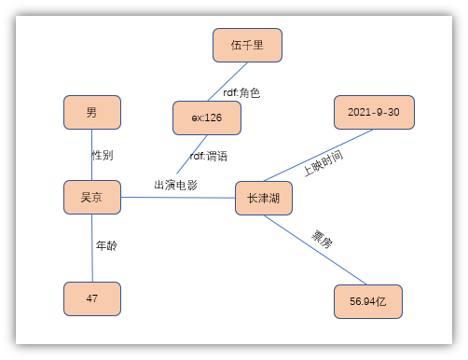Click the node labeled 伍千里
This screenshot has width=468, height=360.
(x=247, y=45)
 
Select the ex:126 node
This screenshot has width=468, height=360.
(x=206, y=118)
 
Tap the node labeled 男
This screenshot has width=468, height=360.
(x=92, y=113)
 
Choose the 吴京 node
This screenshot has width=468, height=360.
(x=92, y=197)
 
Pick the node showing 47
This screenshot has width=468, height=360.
(x=92, y=298)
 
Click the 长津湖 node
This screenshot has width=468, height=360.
(x=264, y=199)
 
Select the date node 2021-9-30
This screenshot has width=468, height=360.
(x=373, y=112)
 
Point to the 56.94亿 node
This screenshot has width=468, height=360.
(x=367, y=302)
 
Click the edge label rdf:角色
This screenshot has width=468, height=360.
(x=241, y=92)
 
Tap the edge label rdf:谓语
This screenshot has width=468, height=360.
(x=209, y=156)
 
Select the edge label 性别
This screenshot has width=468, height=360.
(x=103, y=154)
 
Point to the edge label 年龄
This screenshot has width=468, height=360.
(x=106, y=246)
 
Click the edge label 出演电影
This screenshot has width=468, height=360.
(x=175, y=185)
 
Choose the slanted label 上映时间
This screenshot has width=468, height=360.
(x=323, y=162)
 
